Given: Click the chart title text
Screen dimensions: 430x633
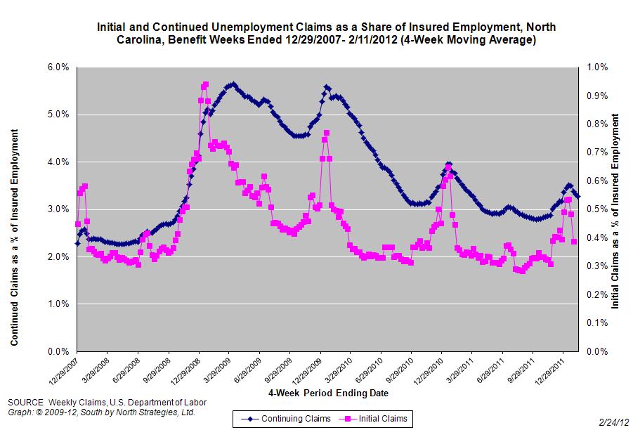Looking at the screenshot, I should click(x=325, y=33).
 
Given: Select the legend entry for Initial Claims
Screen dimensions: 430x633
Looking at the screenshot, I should click(x=375, y=419).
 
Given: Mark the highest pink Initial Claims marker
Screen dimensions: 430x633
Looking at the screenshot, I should click(x=205, y=84).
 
